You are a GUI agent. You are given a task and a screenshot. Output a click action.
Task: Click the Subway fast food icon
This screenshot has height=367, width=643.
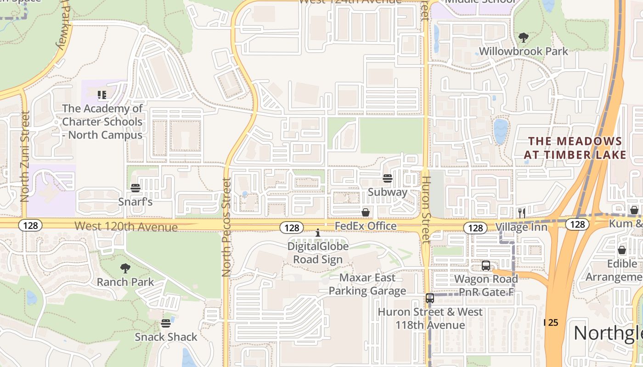388,178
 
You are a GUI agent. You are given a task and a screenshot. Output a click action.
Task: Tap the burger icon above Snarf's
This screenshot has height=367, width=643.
135,188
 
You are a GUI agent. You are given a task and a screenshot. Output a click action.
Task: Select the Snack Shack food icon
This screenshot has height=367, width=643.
166,323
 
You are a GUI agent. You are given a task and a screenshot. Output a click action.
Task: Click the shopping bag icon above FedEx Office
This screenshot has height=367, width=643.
366,212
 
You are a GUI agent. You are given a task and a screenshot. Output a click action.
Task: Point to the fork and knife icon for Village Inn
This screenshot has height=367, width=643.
521,213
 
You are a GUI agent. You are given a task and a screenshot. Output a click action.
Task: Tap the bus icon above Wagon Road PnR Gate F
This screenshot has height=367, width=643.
486,266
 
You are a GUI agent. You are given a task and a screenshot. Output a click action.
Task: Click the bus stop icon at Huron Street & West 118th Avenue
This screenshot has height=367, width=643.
430,298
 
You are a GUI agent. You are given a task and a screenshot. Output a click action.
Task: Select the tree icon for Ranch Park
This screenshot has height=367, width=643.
125,268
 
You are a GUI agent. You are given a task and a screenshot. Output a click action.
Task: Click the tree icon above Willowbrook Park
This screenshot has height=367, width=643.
523,37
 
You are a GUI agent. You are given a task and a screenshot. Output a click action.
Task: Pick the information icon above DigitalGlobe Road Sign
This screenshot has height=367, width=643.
318,233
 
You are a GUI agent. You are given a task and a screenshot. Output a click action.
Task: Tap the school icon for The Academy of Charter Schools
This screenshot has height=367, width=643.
102,95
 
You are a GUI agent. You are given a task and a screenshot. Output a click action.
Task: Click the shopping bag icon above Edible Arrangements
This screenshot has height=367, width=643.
622,250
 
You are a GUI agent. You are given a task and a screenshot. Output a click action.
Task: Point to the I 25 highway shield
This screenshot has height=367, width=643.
551,323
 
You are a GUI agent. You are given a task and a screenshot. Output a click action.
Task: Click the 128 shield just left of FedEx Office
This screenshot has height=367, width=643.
292,228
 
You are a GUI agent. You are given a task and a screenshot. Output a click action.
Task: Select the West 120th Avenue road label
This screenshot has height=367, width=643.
126,227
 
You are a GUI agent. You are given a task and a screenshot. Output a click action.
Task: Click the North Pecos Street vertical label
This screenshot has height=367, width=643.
226,227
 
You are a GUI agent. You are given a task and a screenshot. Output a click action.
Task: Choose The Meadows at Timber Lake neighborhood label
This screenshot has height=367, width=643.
575,148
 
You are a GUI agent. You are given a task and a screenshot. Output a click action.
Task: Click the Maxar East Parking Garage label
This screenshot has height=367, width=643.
367,284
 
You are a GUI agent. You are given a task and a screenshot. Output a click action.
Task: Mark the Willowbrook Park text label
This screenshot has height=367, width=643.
524,51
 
